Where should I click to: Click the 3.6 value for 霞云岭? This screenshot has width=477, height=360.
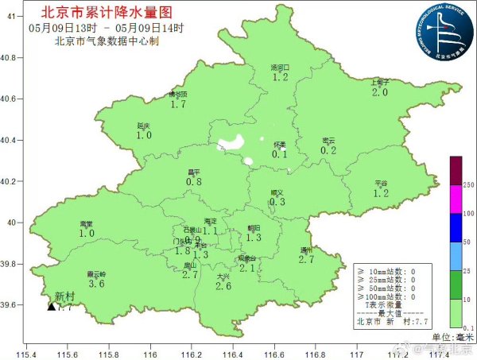96,284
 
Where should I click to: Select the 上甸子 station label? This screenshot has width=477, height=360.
380,82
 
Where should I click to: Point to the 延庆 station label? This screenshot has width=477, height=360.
144,126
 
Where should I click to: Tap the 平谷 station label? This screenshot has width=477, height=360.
381,184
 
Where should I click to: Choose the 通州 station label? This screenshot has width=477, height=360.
307,250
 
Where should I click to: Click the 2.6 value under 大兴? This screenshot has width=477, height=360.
223,286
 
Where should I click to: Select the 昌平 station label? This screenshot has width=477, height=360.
193,172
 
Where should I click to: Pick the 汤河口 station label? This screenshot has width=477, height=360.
280,68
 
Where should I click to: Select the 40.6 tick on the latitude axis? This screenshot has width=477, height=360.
10,99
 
